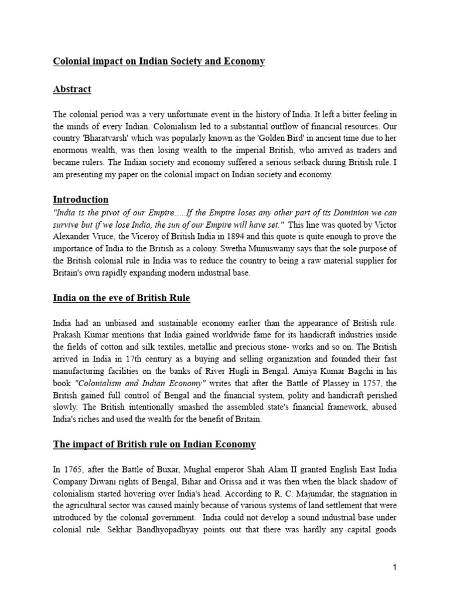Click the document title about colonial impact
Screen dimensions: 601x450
(x=159, y=61)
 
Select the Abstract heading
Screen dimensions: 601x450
(x=72, y=89)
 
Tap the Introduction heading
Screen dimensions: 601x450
(x=80, y=200)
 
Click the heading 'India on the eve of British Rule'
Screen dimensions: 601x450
(x=121, y=298)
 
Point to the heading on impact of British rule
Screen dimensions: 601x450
(x=154, y=444)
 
